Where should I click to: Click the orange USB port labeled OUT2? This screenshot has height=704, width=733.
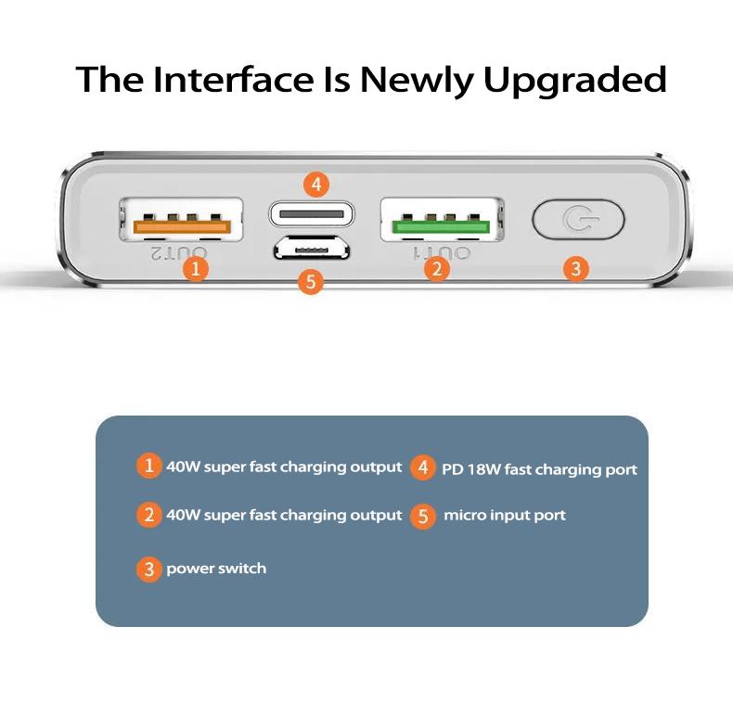181,220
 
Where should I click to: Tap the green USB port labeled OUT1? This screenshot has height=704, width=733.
442,220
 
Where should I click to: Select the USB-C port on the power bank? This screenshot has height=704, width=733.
312,214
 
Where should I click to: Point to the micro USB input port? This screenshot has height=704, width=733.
312,248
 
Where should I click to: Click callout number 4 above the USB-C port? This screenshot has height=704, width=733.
316,185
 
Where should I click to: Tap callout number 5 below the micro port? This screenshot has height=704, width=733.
311,281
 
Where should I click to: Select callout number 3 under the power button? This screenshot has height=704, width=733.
576,269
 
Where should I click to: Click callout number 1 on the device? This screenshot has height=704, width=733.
196,269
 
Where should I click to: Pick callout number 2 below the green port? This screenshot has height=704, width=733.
437,269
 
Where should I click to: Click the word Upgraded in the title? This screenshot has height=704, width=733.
574,81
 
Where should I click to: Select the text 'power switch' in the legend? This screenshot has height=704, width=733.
216,569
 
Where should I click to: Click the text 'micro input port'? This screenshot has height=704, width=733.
505,515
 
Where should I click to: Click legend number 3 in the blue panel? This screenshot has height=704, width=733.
149,569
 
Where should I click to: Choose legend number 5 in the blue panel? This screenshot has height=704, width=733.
423,516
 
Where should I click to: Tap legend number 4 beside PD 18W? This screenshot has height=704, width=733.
423,467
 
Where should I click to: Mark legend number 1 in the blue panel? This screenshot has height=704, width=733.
149,466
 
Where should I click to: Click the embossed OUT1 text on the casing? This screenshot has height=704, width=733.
442,253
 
